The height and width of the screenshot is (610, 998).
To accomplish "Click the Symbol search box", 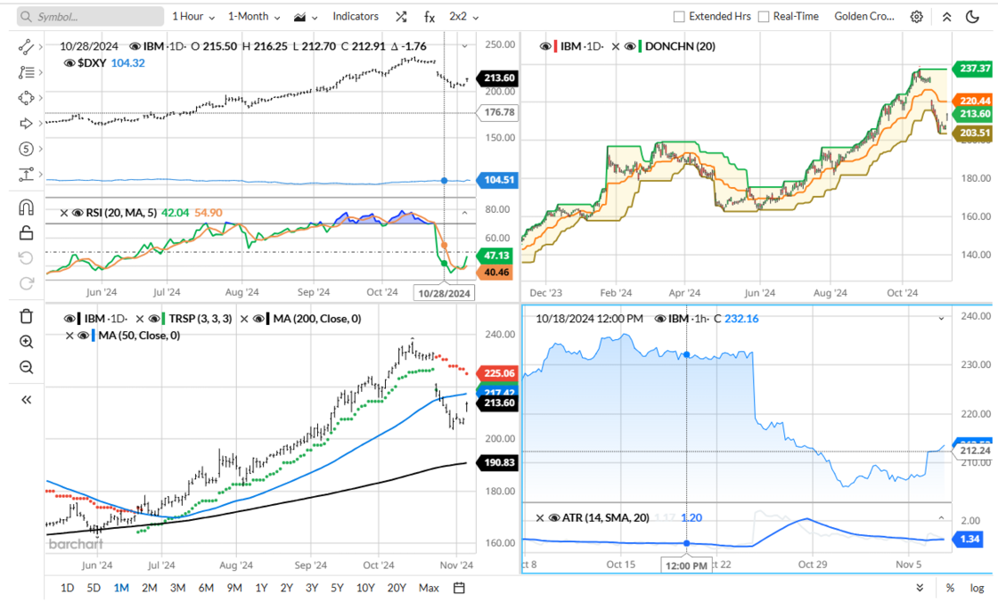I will [89, 16].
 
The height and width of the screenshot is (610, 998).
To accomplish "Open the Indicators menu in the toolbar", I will [355, 16].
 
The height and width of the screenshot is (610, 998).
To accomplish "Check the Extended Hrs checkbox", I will [679, 16].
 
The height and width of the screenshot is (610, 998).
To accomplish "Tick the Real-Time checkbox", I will [764, 16].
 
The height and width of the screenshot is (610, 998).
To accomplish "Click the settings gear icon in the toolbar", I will [917, 16].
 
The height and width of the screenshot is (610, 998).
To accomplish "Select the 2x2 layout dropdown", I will [463, 16].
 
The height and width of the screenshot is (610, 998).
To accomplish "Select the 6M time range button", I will [206, 588].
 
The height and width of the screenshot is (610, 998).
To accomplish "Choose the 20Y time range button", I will [397, 588].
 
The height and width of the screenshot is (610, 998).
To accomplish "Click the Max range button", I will [429, 588].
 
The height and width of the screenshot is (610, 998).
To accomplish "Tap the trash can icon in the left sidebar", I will [26, 316].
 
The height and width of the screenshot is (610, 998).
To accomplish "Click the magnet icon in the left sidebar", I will [26, 207].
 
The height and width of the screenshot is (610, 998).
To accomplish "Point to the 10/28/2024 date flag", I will [444, 292].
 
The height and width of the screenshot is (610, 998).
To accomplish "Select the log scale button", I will [977, 588].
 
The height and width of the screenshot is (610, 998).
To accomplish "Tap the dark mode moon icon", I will [972, 16].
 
